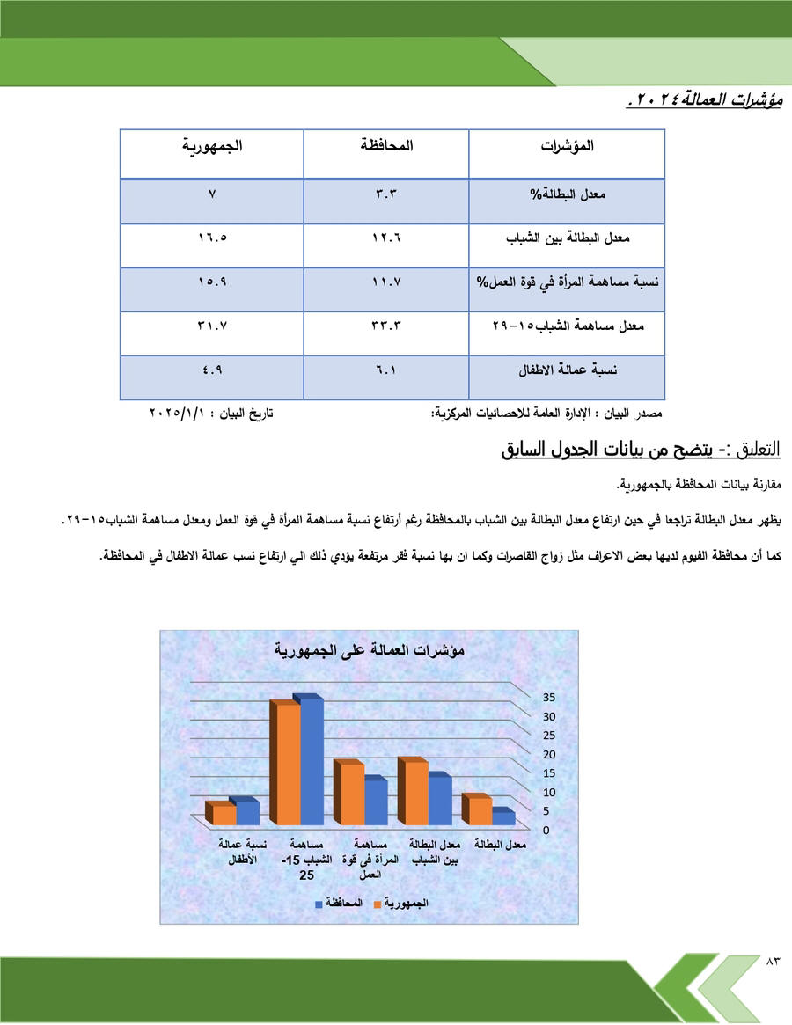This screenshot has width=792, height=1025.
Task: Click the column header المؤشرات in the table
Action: pos(567,146)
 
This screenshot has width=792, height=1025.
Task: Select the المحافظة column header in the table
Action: pos(386,146)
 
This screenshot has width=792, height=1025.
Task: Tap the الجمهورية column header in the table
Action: pos(212,146)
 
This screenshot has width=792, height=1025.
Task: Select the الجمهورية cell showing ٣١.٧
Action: pos(212,326)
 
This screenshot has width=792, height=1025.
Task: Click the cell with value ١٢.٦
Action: pos(386,238)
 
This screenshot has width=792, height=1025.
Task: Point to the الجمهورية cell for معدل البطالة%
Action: pos(212,194)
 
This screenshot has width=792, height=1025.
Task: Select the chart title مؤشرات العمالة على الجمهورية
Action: pos(370,651)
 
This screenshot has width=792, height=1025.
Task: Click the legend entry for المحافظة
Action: pos(339,903)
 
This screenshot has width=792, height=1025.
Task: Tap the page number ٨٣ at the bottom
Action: pos(773,960)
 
